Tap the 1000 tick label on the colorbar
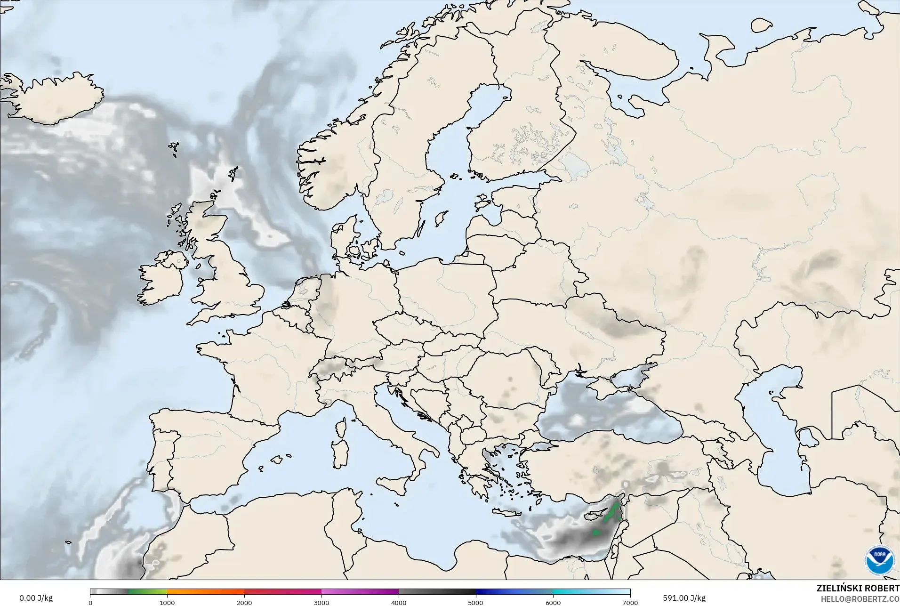pyautogui.click(x=167, y=602)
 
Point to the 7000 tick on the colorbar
pyautogui.click(x=630, y=602)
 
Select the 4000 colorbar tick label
pyautogui.click(x=399, y=602)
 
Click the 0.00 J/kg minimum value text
pyautogui.click(x=36, y=598)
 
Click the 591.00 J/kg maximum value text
pyautogui.click(x=684, y=598)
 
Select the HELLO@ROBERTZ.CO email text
pyautogui.click(x=860, y=599)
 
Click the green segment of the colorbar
pyautogui.click(x=147, y=592)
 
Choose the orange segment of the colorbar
pyautogui.click(x=206, y=592)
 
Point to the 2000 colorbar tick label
pyautogui.click(x=244, y=602)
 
